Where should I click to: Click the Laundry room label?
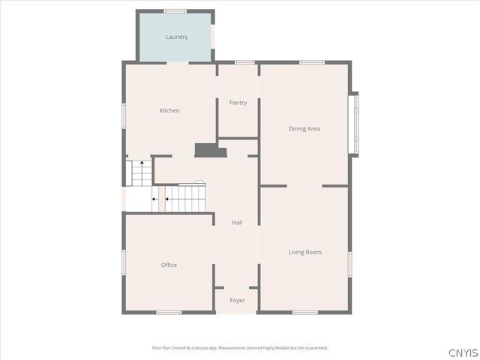click(x=176, y=37)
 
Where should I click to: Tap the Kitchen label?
click(x=169, y=111)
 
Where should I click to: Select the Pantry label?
click(x=238, y=103)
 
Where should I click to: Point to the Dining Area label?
click(x=304, y=129)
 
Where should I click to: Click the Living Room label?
click(x=304, y=252)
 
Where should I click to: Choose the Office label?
click(x=169, y=265)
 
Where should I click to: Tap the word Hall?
click(x=237, y=223)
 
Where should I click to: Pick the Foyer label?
click(x=237, y=301)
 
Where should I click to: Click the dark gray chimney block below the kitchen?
click(x=211, y=150)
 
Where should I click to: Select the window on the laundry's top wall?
click(x=175, y=10)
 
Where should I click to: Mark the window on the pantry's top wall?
click(x=244, y=62)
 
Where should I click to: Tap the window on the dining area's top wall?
click(x=311, y=62)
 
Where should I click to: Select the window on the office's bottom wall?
click(x=169, y=312)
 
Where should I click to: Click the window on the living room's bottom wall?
click(x=304, y=312)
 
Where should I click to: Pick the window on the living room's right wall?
click(x=349, y=264)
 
